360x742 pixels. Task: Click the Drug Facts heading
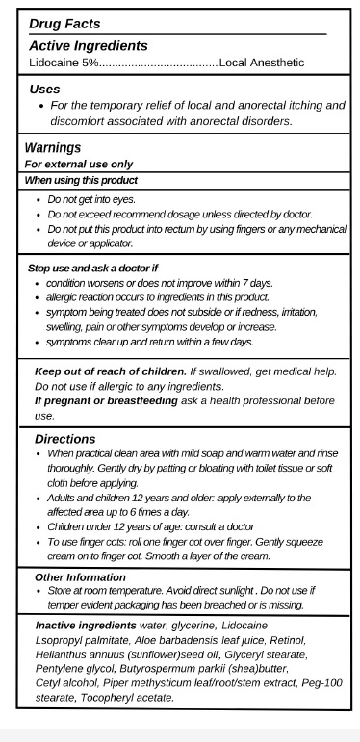[64, 23]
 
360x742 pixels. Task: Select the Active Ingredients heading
[88, 45]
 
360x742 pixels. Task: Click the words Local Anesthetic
[261, 63]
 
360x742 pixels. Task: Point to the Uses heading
[45, 89]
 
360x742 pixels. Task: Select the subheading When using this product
[81, 180]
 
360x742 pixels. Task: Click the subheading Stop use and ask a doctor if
[92, 268]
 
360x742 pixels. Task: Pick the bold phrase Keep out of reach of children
[111, 371]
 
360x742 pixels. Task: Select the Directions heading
[64, 438]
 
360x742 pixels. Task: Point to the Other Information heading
[80, 576]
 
